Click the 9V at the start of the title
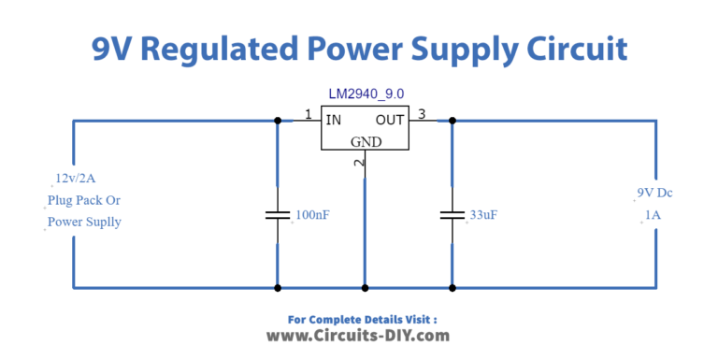pos(112,48)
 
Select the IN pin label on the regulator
pos(334,120)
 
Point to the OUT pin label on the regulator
pos(390,120)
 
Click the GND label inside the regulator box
pos(366,142)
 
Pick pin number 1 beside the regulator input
pos(308,114)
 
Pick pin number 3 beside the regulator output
pos(422,114)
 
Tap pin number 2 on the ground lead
pos(359,163)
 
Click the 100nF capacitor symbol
pos(277,215)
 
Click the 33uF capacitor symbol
pos(452,215)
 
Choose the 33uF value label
pos(483,215)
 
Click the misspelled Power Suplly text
pos(85,223)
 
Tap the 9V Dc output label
pos(654,193)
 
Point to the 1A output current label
pos(654,215)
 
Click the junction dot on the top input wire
pos(277,120)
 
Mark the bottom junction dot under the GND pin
pos(365,287)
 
